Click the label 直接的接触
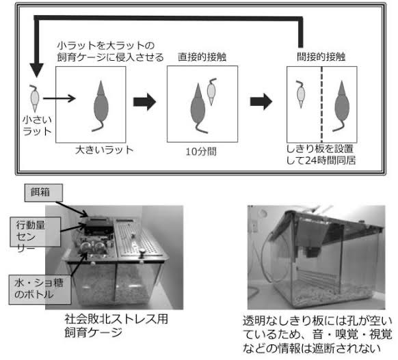click(x=202, y=57)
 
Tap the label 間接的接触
click(x=321, y=57)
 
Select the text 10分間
click(x=201, y=152)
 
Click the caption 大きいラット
click(x=105, y=150)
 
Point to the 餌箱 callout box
click(x=44, y=193)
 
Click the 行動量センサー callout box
click(x=36, y=232)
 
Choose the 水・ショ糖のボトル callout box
click(x=40, y=289)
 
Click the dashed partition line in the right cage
click(x=321, y=105)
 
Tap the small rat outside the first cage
click(x=34, y=98)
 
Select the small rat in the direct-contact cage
click(x=211, y=92)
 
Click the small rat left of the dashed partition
click(x=301, y=94)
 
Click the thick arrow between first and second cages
click(x=144, y=102)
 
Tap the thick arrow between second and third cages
click(x=261, y=102)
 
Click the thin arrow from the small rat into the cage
click(x=59, y=98)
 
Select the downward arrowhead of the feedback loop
click(x=37, y=70)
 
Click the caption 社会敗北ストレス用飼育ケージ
click(x=116, y=326)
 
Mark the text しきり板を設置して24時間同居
click(x=321, y=154)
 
